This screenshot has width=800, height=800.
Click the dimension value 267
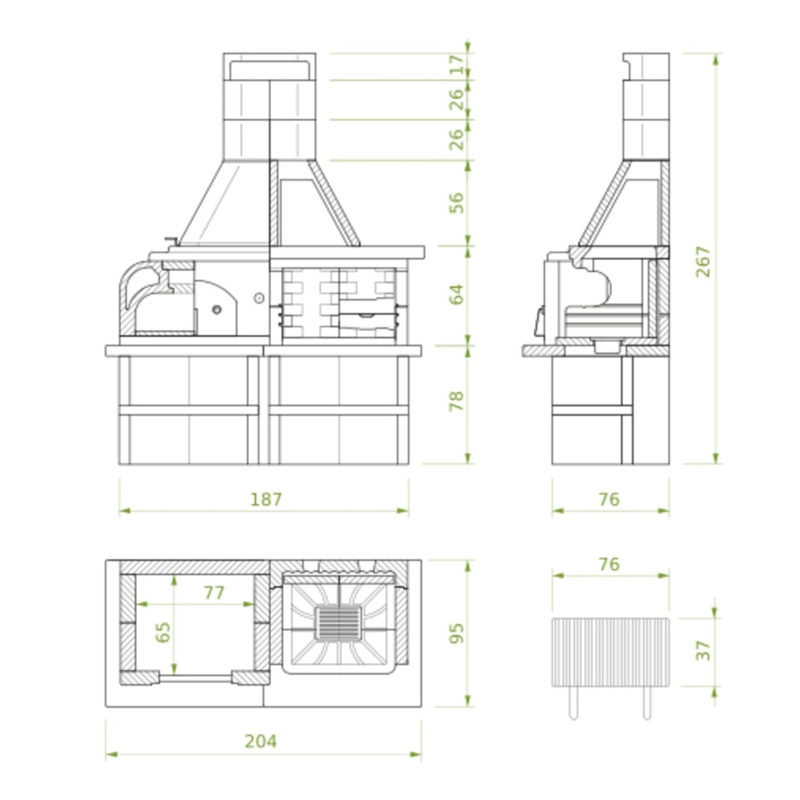point(703,261)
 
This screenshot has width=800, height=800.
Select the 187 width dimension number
point(266,499)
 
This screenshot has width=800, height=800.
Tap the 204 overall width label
point(261,741)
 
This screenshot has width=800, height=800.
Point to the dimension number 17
point(457,65)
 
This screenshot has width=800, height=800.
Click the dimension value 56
point(457,203)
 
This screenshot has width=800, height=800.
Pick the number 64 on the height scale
point(457,294)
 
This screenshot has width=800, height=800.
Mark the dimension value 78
point(457,401)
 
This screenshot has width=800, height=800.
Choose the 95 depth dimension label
point(457,633)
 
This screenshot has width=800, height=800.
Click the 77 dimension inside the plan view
point(214,592)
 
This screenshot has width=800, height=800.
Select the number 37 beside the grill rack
point(703,650)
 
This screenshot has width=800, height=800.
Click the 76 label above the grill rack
point(609,564)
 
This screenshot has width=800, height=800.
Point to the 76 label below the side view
point(609,499)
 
